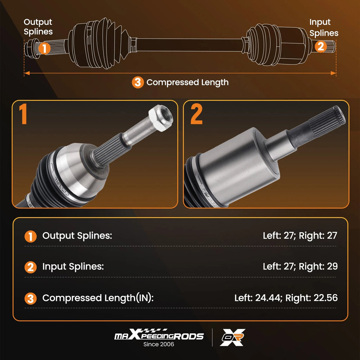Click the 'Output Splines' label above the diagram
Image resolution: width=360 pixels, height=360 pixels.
pos(38,27)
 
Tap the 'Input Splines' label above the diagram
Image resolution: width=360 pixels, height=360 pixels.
pos(324,27)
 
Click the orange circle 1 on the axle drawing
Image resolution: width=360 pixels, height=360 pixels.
pos(44,48)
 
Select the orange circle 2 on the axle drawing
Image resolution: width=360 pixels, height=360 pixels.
pos(321,46)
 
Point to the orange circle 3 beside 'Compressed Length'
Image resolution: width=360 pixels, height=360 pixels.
pos(138,82)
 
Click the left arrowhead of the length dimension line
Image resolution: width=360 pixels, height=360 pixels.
pos(27,73)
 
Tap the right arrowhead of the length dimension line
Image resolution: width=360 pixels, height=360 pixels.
pos(333,73)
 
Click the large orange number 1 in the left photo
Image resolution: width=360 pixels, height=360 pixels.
pos(23,114)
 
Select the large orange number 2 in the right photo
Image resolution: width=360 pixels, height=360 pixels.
pos(196,114)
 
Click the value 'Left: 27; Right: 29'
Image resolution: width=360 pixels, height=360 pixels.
pos(300,266)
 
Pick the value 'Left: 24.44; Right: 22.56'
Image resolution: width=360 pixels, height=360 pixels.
pos(286,298)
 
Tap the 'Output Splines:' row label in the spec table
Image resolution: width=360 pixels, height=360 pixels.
pos(77,236)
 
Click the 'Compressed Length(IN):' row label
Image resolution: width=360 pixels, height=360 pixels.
pos(98,298)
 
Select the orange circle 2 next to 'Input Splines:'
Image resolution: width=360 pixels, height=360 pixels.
pos(31,267)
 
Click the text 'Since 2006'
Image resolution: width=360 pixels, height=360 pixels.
pos(159,344)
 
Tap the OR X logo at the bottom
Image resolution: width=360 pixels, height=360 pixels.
pos(232,337)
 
